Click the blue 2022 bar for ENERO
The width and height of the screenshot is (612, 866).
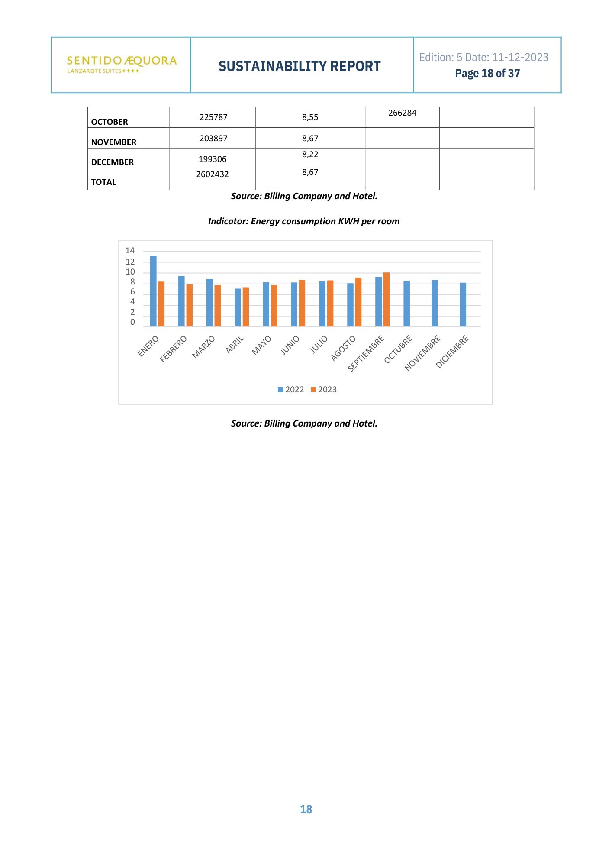point(153,291)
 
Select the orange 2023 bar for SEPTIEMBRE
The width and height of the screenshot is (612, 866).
point(387,300)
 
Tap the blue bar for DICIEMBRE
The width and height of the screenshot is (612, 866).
point(463,304)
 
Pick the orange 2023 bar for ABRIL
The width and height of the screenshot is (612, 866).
point(246,307)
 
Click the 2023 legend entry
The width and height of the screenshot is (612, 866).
point(324,390)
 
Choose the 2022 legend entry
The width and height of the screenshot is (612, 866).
point(291,390)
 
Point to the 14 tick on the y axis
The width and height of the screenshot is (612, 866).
point(130,251)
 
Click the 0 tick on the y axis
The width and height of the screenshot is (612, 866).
point(132,322)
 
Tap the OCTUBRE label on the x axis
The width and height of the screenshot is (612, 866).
point(398,349)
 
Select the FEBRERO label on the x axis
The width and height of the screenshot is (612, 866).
point(174,349)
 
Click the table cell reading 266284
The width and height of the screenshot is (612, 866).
point(402,113)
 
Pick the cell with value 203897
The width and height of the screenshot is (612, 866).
point(213,139)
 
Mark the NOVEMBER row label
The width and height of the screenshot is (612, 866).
point(114,142)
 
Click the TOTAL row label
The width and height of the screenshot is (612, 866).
point(103,182)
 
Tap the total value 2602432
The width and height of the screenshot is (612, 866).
point(213,174)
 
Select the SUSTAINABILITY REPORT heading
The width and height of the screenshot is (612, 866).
point(300,66)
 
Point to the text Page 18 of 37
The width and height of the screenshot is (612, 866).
point(487,74)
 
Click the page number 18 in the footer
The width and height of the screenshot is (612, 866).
point(306,809)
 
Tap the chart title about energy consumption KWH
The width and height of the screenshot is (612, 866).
point(304,221)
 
